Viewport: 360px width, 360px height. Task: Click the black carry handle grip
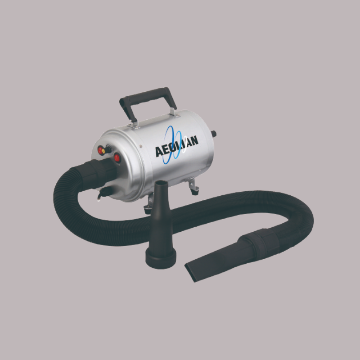(147, 96)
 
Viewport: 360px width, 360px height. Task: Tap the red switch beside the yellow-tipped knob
(100, 150)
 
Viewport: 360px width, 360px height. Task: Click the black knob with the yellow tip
(107, 150)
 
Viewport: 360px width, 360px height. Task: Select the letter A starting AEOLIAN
(159, 151)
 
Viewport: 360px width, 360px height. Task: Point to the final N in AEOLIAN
(194, 140)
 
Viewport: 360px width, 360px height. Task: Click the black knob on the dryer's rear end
(214, 134)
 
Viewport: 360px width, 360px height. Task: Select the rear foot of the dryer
(193, 187)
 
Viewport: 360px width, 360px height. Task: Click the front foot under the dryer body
(148, 206)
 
